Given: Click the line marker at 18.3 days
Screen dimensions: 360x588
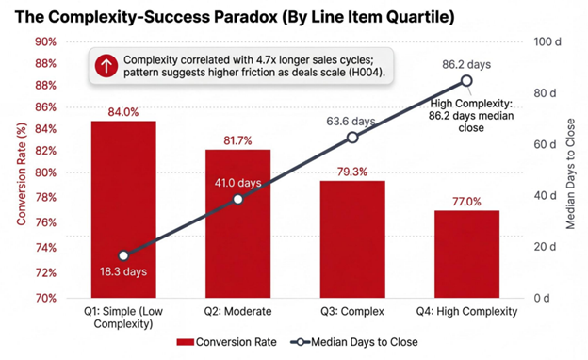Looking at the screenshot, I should point(123,255).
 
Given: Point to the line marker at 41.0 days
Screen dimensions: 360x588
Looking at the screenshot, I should point(238,199).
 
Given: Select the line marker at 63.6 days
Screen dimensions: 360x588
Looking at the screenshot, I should point(352,138).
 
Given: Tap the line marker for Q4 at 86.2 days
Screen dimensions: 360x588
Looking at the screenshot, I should point(466,81).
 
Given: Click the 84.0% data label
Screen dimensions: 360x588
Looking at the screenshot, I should point(123,112).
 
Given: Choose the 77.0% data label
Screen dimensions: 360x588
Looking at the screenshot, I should point(466,202).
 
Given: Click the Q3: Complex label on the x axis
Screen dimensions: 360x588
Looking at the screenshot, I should point(352,311).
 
